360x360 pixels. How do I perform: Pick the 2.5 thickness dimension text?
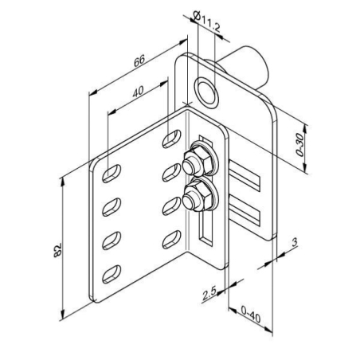209,295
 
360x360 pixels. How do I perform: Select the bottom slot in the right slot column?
170,240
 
